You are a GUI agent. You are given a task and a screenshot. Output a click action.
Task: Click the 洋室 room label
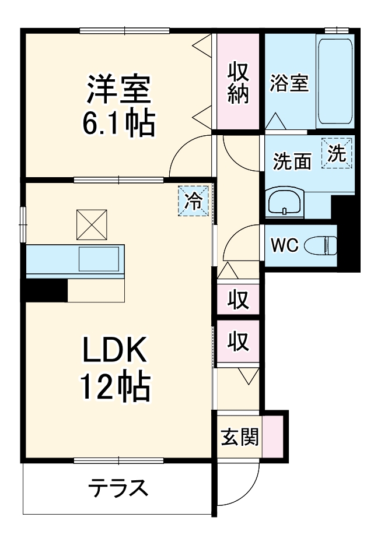[x=118, y=89]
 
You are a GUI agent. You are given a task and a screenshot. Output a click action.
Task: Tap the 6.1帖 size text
[x=118, y=123]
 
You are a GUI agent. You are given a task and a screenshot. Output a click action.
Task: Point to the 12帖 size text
[x=116, y=386]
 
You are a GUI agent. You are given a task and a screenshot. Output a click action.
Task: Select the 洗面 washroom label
[x=292, y=161]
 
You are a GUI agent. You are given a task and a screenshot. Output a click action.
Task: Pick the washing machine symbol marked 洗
[x=337, y=153]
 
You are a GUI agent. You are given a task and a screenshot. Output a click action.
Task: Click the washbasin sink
[x=285, y=203]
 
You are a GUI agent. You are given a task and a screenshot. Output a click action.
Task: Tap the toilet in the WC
[x=321, y=245]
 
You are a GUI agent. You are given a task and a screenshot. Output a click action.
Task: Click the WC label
[x=285, y=245]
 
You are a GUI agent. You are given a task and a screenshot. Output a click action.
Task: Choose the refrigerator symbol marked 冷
[x=194, y=201]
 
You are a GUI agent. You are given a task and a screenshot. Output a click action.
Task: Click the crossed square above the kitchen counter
[x=92, y=225]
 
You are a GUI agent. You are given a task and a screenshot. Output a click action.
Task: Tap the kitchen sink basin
[x=99, y=259]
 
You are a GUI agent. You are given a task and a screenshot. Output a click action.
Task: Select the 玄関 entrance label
[x=240, y=437]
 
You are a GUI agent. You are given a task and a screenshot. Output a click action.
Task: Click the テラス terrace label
[x=118, y=488]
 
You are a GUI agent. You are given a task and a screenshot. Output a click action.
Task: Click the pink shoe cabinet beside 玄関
[x=272, y=436]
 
